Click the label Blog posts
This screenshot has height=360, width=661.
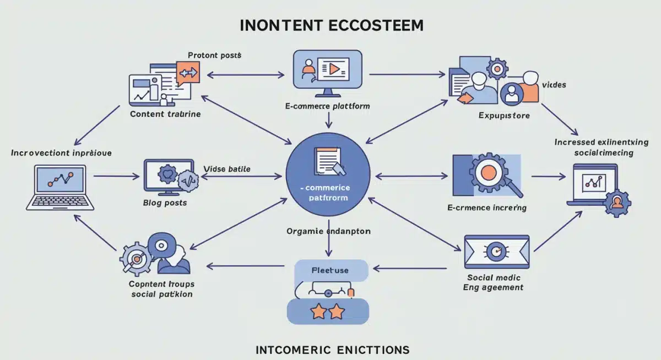[x=165, y=203]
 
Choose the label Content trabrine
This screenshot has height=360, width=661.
[x=165, y=114]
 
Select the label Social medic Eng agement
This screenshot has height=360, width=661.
[x=494, y=282]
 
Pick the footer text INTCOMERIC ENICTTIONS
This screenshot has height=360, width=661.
[x=333, y=350]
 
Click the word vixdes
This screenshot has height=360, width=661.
[x=554, y=85]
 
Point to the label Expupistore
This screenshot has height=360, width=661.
[x=504, y=116]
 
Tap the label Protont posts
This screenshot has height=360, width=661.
[x=214, y=55]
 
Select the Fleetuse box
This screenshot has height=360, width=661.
[x=330, y=271]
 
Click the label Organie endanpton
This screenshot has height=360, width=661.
[x=328, y=231]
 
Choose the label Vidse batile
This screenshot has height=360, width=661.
[x=227, y=169]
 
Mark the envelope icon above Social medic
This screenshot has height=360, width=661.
[x=496, y=250]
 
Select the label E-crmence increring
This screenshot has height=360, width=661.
[x=487, y=208]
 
